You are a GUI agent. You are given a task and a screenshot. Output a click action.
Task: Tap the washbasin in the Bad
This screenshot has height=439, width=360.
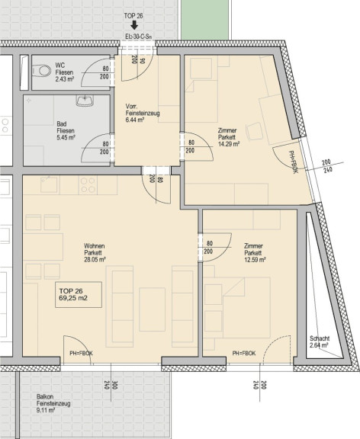point(85,101)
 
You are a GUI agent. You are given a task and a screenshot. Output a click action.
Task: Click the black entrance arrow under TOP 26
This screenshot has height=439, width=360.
point(134,25)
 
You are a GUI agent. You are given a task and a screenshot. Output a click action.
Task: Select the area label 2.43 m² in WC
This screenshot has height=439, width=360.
point(65,79)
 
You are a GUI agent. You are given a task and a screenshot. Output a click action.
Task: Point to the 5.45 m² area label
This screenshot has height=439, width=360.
point(66,138)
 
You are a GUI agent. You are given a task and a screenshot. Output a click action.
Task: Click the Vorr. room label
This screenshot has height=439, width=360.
point(131,107)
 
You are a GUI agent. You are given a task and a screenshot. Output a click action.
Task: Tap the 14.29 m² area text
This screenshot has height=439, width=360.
point(229,144)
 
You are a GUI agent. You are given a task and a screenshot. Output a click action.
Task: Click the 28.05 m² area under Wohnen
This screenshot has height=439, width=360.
point(95,260)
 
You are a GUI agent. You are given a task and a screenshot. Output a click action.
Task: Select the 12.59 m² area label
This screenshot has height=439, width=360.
point(255,260)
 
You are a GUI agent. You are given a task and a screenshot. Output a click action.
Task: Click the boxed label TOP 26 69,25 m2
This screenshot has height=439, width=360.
point(79,295)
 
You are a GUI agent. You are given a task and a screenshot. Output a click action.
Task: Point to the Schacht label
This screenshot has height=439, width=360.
point(320,338)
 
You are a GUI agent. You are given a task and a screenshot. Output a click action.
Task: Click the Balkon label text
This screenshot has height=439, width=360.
point(45,396)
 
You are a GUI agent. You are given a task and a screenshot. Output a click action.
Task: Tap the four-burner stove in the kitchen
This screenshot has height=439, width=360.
point(88,185)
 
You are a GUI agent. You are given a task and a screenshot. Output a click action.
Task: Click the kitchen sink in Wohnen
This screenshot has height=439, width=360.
point(49,184)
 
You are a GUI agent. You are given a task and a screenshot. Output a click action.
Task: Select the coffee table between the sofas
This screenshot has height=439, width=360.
point(152,309)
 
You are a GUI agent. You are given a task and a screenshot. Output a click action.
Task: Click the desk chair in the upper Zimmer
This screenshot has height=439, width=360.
point(255,131)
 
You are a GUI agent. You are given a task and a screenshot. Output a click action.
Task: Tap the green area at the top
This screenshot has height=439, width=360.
point(206,20)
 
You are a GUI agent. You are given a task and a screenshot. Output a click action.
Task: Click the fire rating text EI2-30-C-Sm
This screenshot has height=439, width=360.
point(139,37)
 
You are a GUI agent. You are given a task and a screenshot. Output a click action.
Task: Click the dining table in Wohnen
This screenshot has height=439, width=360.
point(43,247)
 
